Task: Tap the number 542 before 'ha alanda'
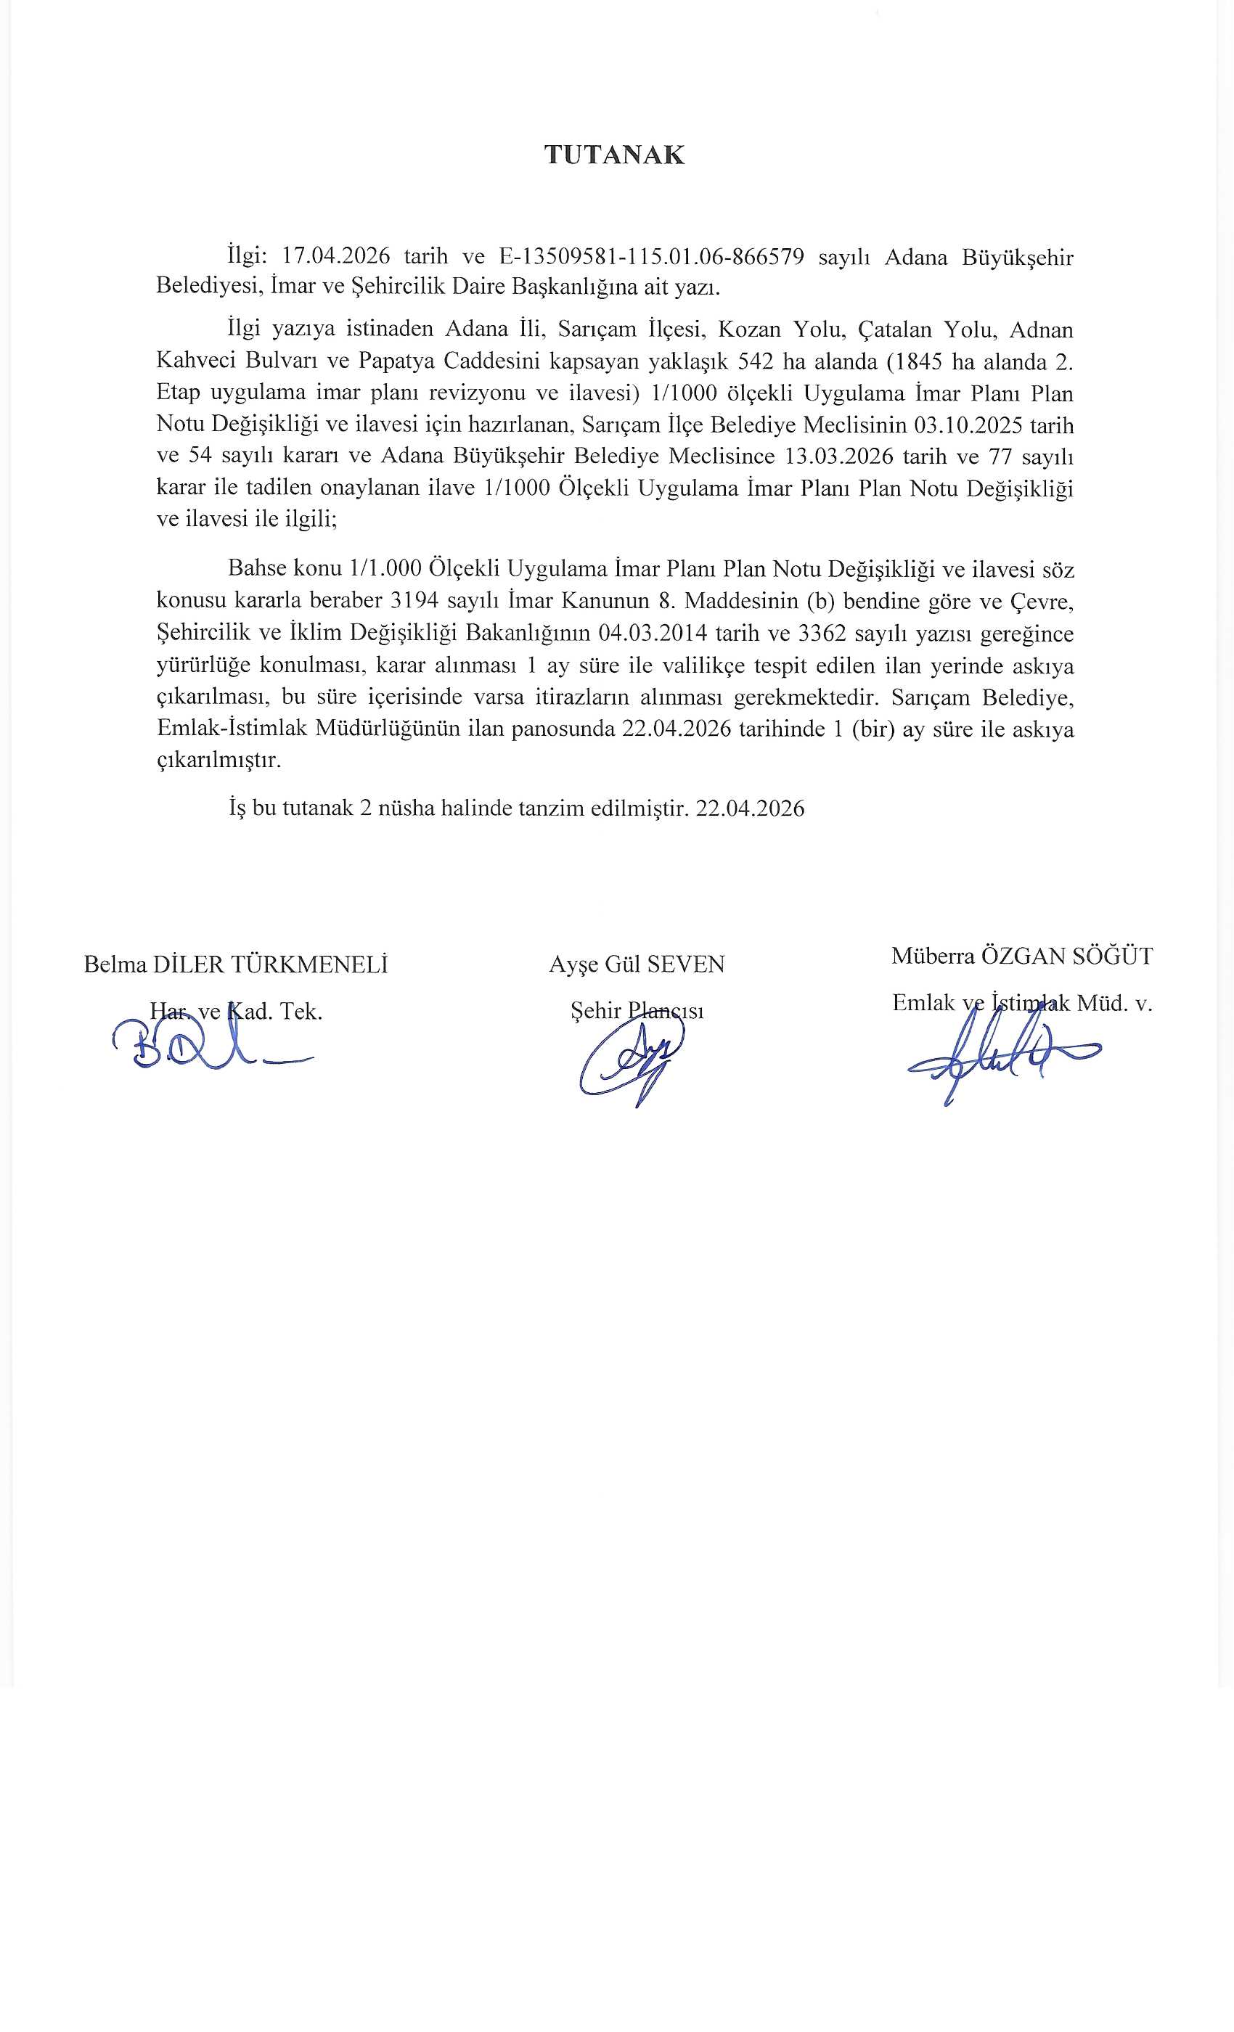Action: click(755, 361)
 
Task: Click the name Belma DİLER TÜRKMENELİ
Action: click(236, 964)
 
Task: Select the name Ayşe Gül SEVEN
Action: click(637, 964)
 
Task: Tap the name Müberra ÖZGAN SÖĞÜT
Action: click(1022, 956)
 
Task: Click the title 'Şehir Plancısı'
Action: click(637, 1010)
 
